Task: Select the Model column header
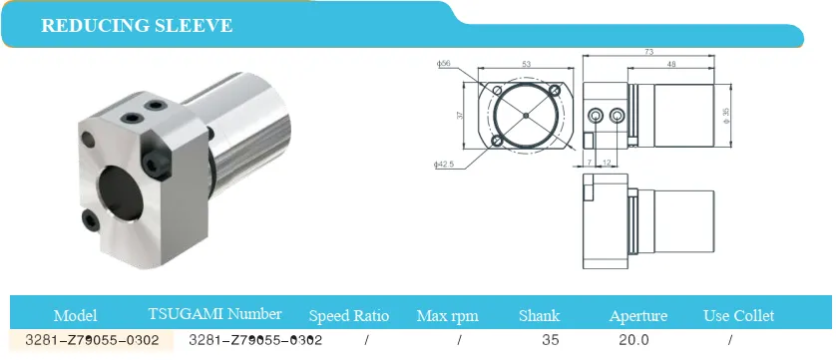(75, 316)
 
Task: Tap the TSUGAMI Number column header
(214, 314)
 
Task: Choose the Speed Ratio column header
(349, 316)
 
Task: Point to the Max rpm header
(447, 316)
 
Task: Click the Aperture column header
(638, 316)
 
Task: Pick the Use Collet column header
(738, 316)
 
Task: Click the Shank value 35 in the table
(551, 340)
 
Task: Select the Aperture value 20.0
(633, 340)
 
